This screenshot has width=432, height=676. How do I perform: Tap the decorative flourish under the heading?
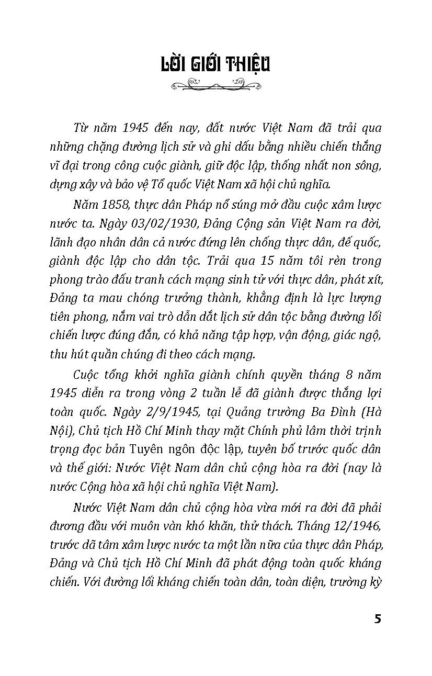(215, 84)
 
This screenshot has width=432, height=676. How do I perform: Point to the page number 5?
(378, 618)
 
